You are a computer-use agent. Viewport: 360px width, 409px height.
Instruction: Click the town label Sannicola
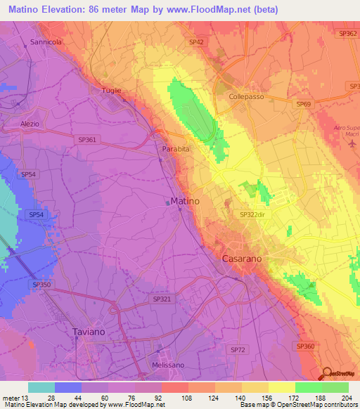[x=46, y=42]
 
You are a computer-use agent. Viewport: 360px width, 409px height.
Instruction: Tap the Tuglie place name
[x=103, y=90]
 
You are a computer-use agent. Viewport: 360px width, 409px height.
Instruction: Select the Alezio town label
[x=30, y=123]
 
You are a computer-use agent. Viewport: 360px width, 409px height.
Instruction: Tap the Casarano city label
[x=243, y=259]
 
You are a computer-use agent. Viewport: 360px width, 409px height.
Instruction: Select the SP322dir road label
[x=255, y=215]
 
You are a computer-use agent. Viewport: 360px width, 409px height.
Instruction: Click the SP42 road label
[x=196, y=42]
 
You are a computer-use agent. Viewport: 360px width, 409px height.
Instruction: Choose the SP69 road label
[x=303, y=104]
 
